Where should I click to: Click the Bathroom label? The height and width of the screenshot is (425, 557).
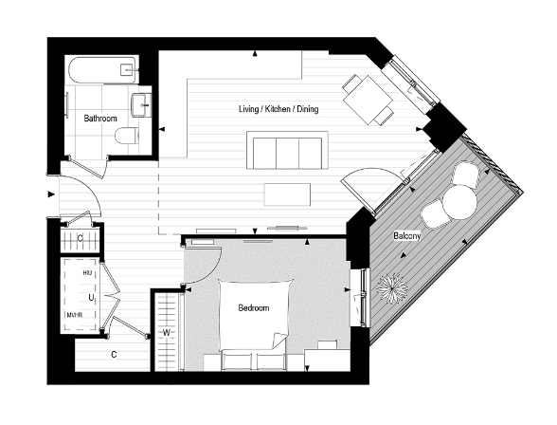[x=99, y=119]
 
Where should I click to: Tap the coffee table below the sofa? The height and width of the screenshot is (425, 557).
[x=288, y=194]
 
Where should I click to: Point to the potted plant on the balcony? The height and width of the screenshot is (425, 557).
[x=389, y=285]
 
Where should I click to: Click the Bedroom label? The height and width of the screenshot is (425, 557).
[x=253, y=308]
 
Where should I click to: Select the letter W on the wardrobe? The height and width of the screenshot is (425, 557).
[x=167, y=333]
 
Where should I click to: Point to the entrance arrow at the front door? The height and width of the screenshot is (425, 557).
[x=50, y=196]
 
